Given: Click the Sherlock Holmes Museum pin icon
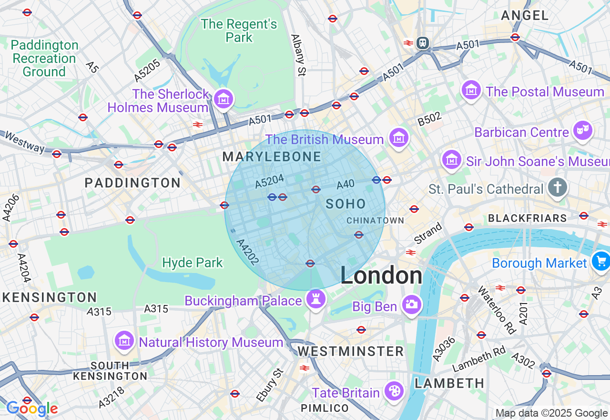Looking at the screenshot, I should tap(223, 99).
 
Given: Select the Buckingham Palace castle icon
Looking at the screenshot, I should tap(315, 299).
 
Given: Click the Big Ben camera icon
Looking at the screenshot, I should tap(411, 304).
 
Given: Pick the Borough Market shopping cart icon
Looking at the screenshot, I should tap(600, 261).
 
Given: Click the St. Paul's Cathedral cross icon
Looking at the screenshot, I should tap(557, 187).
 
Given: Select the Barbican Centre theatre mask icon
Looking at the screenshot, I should tap(583, 130).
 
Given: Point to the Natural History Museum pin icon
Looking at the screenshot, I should tap(124, 341).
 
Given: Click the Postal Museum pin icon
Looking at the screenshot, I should tap(471, 89).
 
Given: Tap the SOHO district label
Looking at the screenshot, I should tap(346, 204).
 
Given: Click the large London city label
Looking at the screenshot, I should tap(381, 276).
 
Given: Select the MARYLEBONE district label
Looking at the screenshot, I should tap(272, 157).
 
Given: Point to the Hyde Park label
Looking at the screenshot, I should tap(193, 262).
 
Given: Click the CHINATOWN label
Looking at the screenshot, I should tap(375, 220).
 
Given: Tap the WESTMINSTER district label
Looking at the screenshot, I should tap(351, 352).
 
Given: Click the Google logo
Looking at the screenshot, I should tap(32, 409).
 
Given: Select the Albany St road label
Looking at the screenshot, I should tap(297, 55).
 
